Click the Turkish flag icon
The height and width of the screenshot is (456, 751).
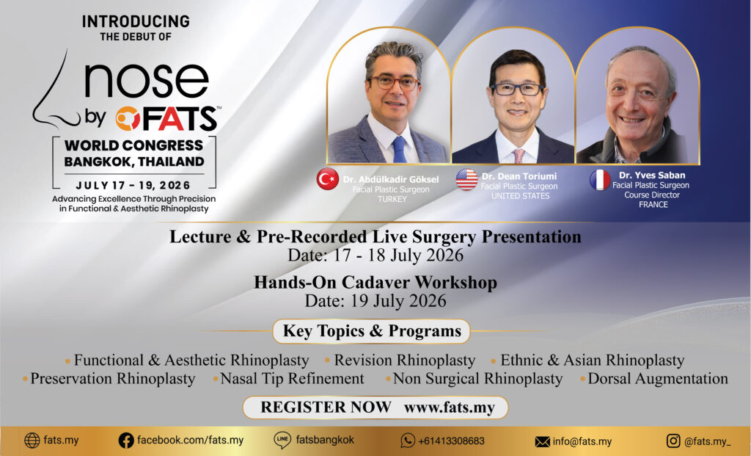tap(328, 179)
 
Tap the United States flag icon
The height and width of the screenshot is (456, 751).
tap(466, 179)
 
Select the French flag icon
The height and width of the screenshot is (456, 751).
tap(600, 180)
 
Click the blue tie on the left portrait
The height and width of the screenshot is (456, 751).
tap(398, 149)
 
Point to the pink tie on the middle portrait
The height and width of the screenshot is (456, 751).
tap(519, 156)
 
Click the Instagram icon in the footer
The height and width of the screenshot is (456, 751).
tap(673, 441)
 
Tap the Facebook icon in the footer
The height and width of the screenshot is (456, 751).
tap(126, 441)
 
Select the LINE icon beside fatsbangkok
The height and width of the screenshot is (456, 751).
tap(282, 440)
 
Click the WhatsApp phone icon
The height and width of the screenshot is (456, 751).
tap(408, 441)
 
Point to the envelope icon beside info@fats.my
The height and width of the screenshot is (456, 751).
tap(542, 441)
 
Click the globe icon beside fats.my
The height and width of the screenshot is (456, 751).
tap(32, 440)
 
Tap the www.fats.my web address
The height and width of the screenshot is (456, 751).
tap(450, 408)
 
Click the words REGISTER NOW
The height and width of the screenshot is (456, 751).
tap(326, 407)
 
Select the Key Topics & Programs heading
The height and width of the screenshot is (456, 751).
tap(372, 331)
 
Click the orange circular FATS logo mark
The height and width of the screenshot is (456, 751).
tap(128, 118)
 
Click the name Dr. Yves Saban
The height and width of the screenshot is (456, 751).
tap(652, 175)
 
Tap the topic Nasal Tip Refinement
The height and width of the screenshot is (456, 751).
tap(292, 379)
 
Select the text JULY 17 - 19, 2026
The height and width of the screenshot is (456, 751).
tap(133, 185)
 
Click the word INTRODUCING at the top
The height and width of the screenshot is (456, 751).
tap(136, 21)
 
